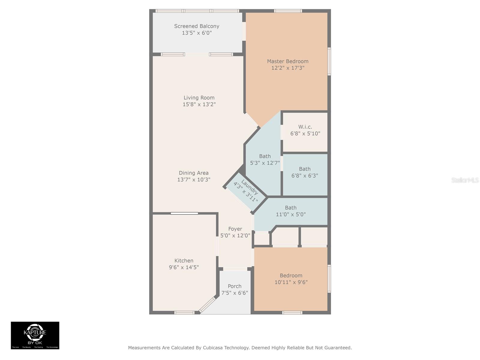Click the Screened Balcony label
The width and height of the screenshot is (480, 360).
click(196, 26)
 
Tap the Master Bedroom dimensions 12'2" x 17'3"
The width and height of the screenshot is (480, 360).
click(288, 68)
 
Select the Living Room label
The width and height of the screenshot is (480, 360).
click(199, 98)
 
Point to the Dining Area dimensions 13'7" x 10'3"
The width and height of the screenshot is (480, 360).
click(193, 180)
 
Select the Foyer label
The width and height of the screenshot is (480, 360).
click(235, 229)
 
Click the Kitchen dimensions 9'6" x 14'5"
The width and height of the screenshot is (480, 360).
click(184, 267)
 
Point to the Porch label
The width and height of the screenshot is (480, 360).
click(234, 286)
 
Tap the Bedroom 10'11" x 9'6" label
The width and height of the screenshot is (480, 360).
click(291, 279)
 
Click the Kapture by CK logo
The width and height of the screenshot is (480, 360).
click(35, 335)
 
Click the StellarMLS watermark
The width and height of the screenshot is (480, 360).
click(465, 180)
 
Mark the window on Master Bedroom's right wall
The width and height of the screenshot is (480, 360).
click(329, 61)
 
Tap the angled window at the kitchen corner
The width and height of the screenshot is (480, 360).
click(207, 305)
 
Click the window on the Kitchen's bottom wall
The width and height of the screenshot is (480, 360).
click(184, 313)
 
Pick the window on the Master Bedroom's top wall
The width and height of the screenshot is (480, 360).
click(288, 11)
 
